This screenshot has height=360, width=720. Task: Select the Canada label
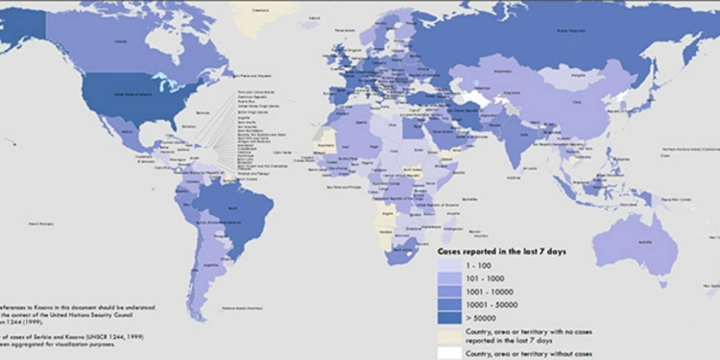[121, 41]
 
